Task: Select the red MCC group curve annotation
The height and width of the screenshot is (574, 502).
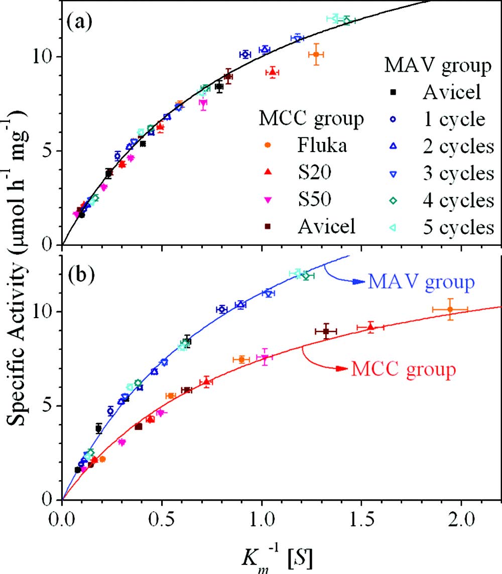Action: point(404,370)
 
